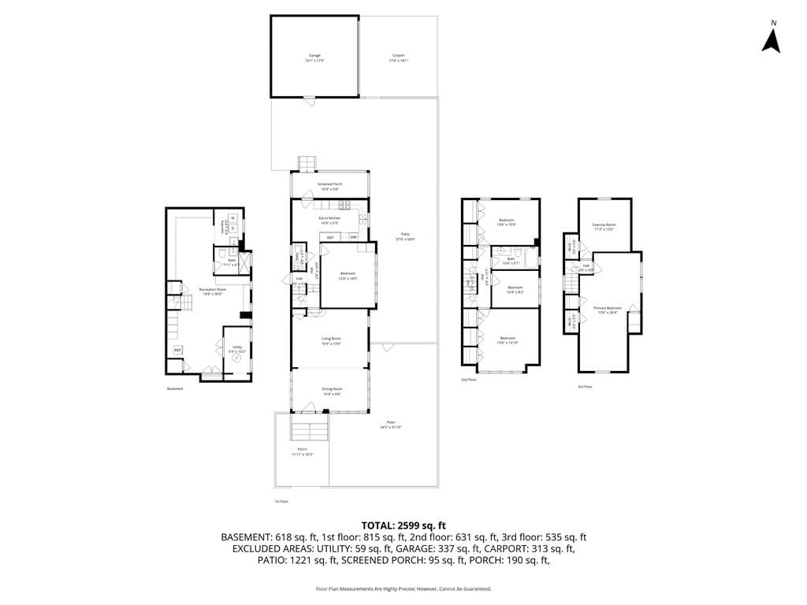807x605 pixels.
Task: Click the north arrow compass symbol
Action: pyautogui.click(x=771, y=38)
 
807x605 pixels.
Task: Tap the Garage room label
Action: pyautogui.click(x=314, y=58)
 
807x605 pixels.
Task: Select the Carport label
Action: pyautogui.click(x=398, y=58)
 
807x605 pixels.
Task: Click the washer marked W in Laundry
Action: pyautogui.click(x=233, y=217)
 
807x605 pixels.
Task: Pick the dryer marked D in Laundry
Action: pyautogui.click(x=233, y=228)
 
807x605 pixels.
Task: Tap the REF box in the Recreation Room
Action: pyautogui.click(x=177, y=350)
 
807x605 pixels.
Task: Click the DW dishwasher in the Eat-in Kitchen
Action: pyautogui.click(x=353, y=237)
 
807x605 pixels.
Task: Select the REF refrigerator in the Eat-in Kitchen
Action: pyautogui.click(x=329, y=237)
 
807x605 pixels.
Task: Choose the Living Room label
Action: pyautogui.click(x=330, y=340)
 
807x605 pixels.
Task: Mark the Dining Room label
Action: pyautogui.click(x=332, y=390)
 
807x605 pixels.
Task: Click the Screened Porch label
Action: pyautogui.click(x=329, y=185)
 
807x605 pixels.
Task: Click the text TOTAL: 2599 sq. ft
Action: pyautogui.click(x=403, y=525)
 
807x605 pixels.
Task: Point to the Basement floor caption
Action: pyautogui.click(x=174, y=388)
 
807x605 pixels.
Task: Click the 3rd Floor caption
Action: pyautogui.click(x=584, y=387)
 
